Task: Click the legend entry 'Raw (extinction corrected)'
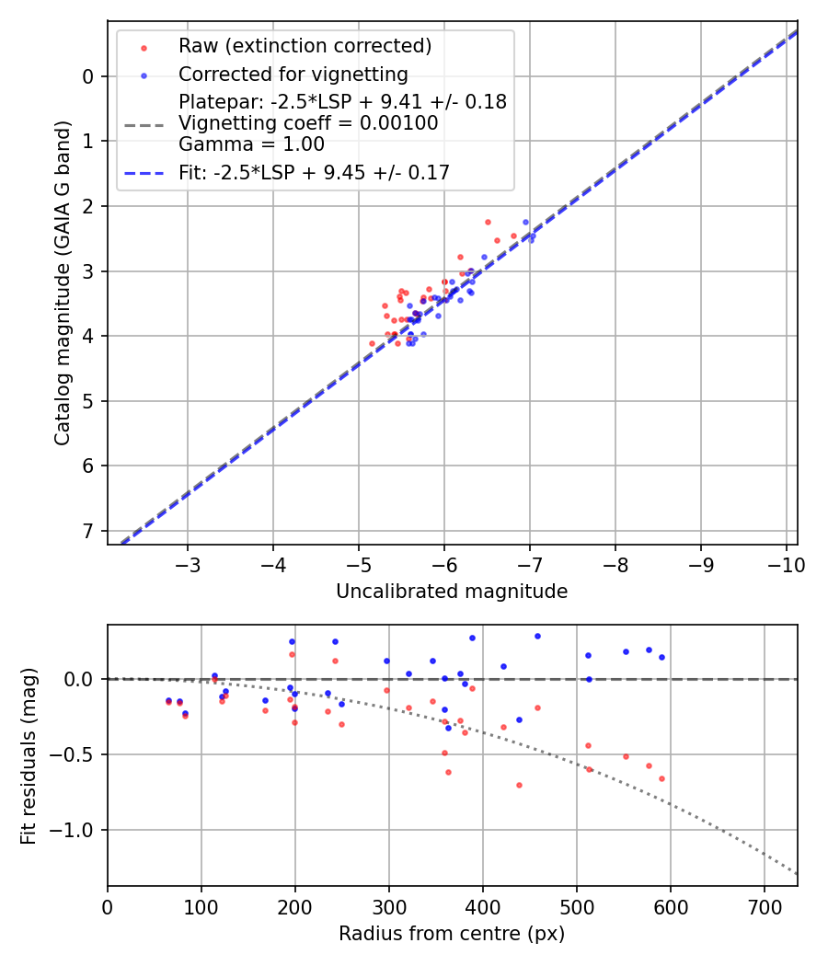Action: (305, 46)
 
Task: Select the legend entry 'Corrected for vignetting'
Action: (293, 74)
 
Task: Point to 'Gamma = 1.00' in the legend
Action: (251, 144)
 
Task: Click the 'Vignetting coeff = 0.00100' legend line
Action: (308, 123)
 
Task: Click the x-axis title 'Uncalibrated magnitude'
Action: (452, 592)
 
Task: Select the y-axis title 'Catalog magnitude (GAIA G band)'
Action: (63, 282)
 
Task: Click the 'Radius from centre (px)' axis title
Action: (452, 934)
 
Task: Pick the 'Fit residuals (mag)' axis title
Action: (29, 755)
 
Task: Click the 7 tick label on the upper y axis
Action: (88, 531)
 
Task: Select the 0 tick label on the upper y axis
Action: (88, 76)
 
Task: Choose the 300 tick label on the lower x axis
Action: (388, 907)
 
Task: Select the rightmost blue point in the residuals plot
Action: (661, 657)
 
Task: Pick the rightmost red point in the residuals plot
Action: (661, 778)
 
